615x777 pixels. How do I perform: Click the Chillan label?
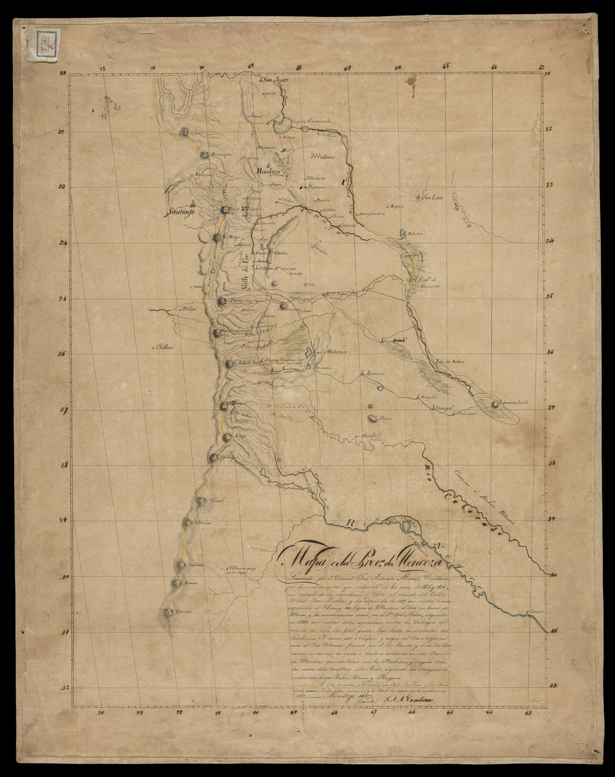167,347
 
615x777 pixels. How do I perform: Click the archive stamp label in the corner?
42,43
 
